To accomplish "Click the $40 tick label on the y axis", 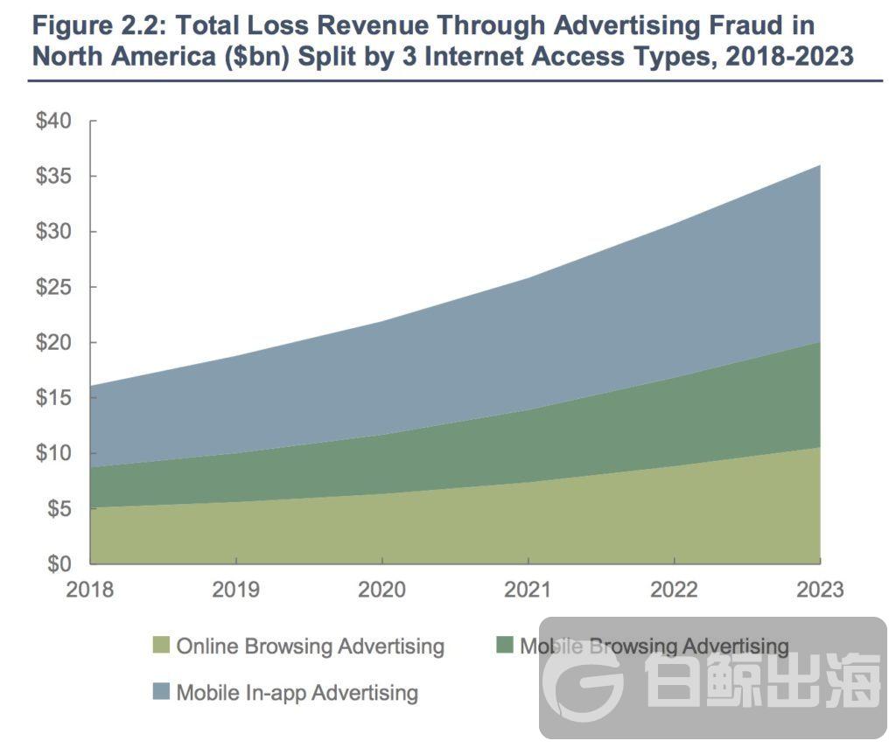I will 55,121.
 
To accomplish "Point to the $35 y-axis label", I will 55,177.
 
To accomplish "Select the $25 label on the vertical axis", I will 55,287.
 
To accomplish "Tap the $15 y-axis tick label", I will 55,398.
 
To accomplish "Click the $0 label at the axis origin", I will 59,563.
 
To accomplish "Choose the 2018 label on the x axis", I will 90,590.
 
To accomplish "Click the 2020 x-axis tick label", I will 381,590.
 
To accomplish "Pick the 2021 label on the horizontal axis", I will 528,590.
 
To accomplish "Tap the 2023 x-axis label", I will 820,590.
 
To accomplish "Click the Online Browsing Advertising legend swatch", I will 160,647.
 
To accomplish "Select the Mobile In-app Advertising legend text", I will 297,693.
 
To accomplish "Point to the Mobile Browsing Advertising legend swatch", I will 504,647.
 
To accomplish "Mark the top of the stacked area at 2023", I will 820,165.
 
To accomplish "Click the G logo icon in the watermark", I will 581,679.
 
